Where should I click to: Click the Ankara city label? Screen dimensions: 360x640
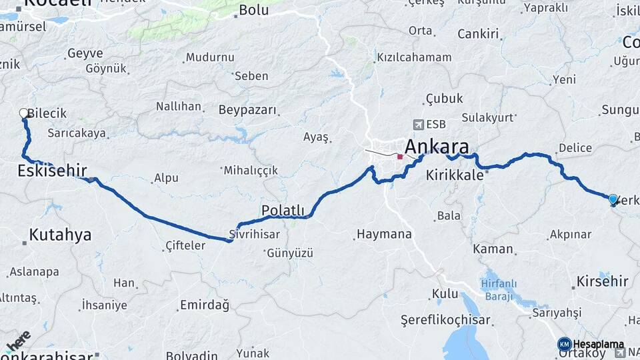click(x=437, y=147)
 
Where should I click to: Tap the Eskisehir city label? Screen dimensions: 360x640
click(x=52, y=171)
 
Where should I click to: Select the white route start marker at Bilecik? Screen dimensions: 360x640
click(x=24, y=113)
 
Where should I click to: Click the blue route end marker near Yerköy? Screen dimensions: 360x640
click(x=613, y=199)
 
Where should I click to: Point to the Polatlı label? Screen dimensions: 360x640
click(x=283, y=211)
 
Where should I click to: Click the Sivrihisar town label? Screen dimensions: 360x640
click(x=254, y=235)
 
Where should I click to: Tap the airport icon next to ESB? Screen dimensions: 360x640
click(x=419, y=124)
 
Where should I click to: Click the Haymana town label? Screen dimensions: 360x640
click(x=384, y=235)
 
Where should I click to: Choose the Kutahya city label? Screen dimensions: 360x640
click(x=60, y=235)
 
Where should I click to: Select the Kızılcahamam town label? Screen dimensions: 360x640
click(x=414, y=57)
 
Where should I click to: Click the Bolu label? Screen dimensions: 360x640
click(x=253, y=10)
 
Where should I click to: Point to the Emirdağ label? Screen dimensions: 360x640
click(x=204, y=305)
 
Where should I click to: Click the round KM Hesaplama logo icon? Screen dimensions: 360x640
click(x=565, y=345)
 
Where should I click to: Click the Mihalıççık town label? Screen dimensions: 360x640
click(x=251, y=171)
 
